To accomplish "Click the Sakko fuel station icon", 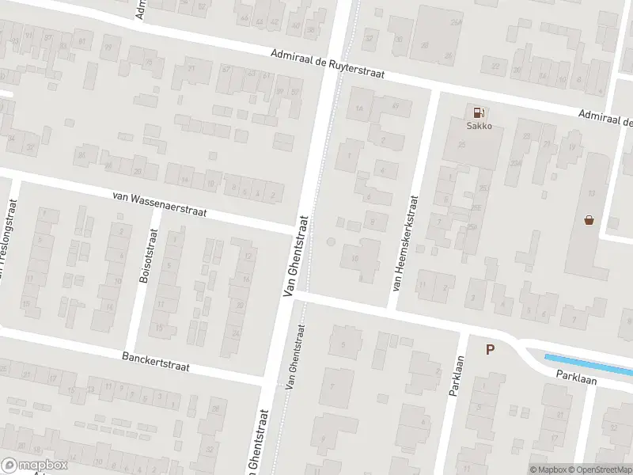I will pyautogui.click(x=478, y=112).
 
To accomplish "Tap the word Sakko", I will pyautogui.click(x=478, y=125).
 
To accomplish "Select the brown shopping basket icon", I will pyautogui.click(x=589, y=219).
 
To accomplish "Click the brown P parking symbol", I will pyautogui.click(x=490, y=349).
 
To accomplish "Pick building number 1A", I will pyautogui.click(x=361, y=108).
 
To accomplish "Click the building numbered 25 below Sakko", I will pyautogui.click(x=484, y=187).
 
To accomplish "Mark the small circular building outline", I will pyautogui.click(x=331, y=241).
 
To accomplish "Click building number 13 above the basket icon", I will pyautogui.click(x=591, y=194).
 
